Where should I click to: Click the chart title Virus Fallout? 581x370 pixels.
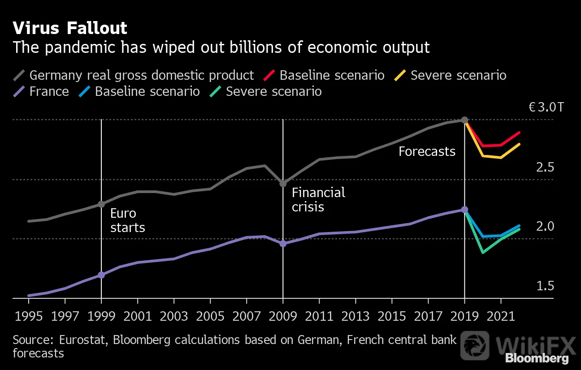tap(70, 28)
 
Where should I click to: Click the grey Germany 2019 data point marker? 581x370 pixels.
tap(464, 120)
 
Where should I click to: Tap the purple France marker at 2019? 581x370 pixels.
tap(464, 210)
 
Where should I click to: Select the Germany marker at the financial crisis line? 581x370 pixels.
tap(283, 184)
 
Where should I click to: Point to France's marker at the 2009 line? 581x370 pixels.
tap(283, 244)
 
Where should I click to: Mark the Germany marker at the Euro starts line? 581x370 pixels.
tap(101, 204)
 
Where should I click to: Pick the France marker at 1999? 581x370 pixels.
tap(101, 275)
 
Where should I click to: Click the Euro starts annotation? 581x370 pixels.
tap(128, 220)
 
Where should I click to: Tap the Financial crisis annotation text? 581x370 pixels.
tap(318, 200)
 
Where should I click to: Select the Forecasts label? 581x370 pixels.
tap(427, 151)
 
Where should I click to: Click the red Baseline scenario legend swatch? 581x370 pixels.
tap(269, 75)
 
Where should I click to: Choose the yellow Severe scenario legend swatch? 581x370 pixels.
tap(400, 75)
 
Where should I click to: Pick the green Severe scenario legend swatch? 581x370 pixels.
tap(215, 91)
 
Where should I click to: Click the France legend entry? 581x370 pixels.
tap(41, 91)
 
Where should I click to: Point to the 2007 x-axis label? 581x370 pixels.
tap(247, 316)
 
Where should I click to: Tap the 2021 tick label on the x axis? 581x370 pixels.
tap(501, 316)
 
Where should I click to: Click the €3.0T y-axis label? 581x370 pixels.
tap(546, 107)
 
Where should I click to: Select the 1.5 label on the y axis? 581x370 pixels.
tap(545, 286)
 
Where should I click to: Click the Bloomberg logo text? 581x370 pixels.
tap(537, 359)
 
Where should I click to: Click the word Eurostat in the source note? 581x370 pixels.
tap(83, 340)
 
